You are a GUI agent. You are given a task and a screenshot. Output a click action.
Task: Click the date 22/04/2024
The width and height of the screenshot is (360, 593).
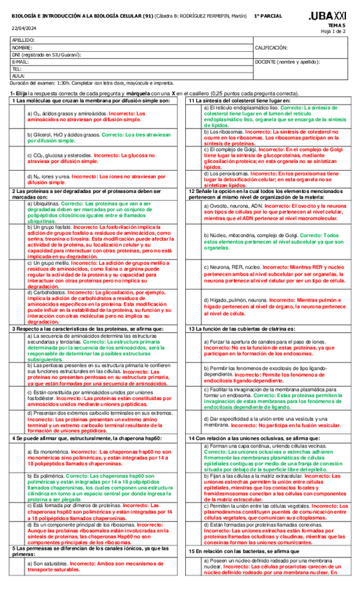coord(22,27)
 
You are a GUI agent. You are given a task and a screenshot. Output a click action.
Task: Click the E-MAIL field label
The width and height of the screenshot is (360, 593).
coord(21,62)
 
